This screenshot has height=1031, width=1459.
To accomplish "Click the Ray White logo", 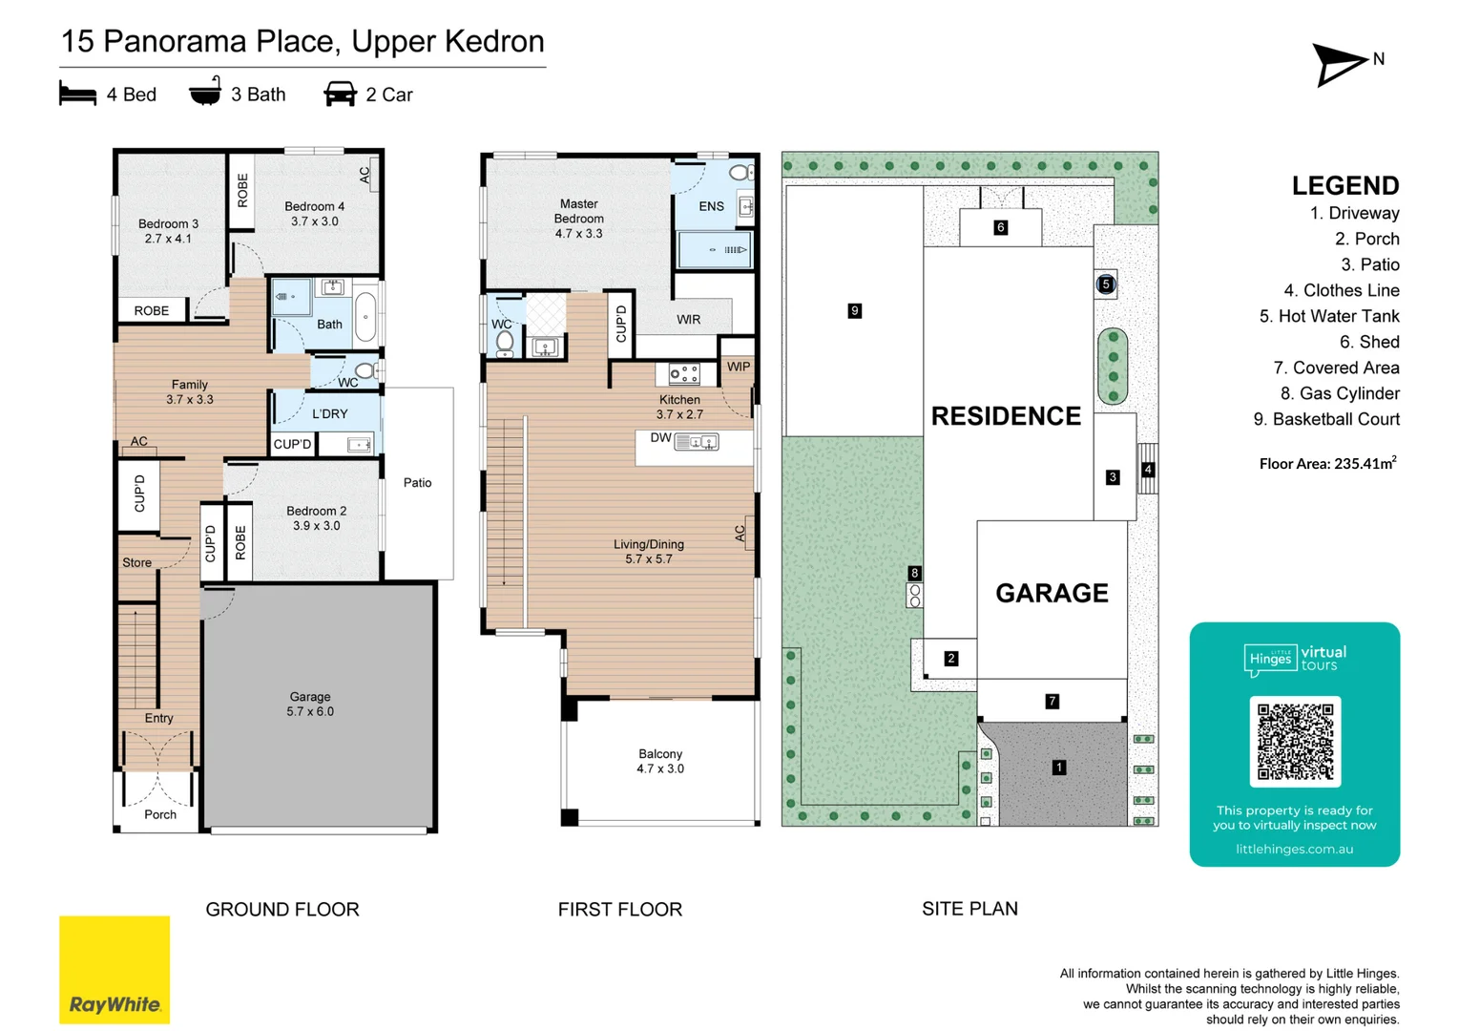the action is [115, 969].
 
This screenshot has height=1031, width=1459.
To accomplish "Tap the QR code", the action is [1295, 741].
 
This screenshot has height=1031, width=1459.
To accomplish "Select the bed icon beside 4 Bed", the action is [77, 94].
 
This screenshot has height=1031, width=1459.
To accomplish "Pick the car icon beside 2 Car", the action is [340, 94].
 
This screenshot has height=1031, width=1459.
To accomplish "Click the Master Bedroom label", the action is [579, 219].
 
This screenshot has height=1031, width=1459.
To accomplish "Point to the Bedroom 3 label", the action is [168, 231].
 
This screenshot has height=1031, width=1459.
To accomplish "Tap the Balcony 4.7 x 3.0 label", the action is [660, 761].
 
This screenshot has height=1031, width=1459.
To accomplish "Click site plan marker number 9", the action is [855, 310].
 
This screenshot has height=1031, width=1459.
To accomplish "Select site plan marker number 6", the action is [1000, 227].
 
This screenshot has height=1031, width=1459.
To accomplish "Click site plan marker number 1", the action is [1059, 768].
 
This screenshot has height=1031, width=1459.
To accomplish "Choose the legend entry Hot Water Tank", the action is [1329, 316].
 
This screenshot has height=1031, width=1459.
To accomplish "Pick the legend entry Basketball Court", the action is [1326, 419].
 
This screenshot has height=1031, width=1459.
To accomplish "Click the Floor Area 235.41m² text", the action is [1328, 463].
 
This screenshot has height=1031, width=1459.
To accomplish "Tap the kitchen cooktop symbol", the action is [684, 374].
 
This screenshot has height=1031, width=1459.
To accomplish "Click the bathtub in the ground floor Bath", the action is [366, 317].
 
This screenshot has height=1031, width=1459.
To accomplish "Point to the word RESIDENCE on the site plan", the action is [1006, 416].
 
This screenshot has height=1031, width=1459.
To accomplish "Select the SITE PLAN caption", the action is [969, 909].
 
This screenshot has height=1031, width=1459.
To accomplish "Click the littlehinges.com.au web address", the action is [1294, 849].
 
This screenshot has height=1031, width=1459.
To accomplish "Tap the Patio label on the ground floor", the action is [418, 482].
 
